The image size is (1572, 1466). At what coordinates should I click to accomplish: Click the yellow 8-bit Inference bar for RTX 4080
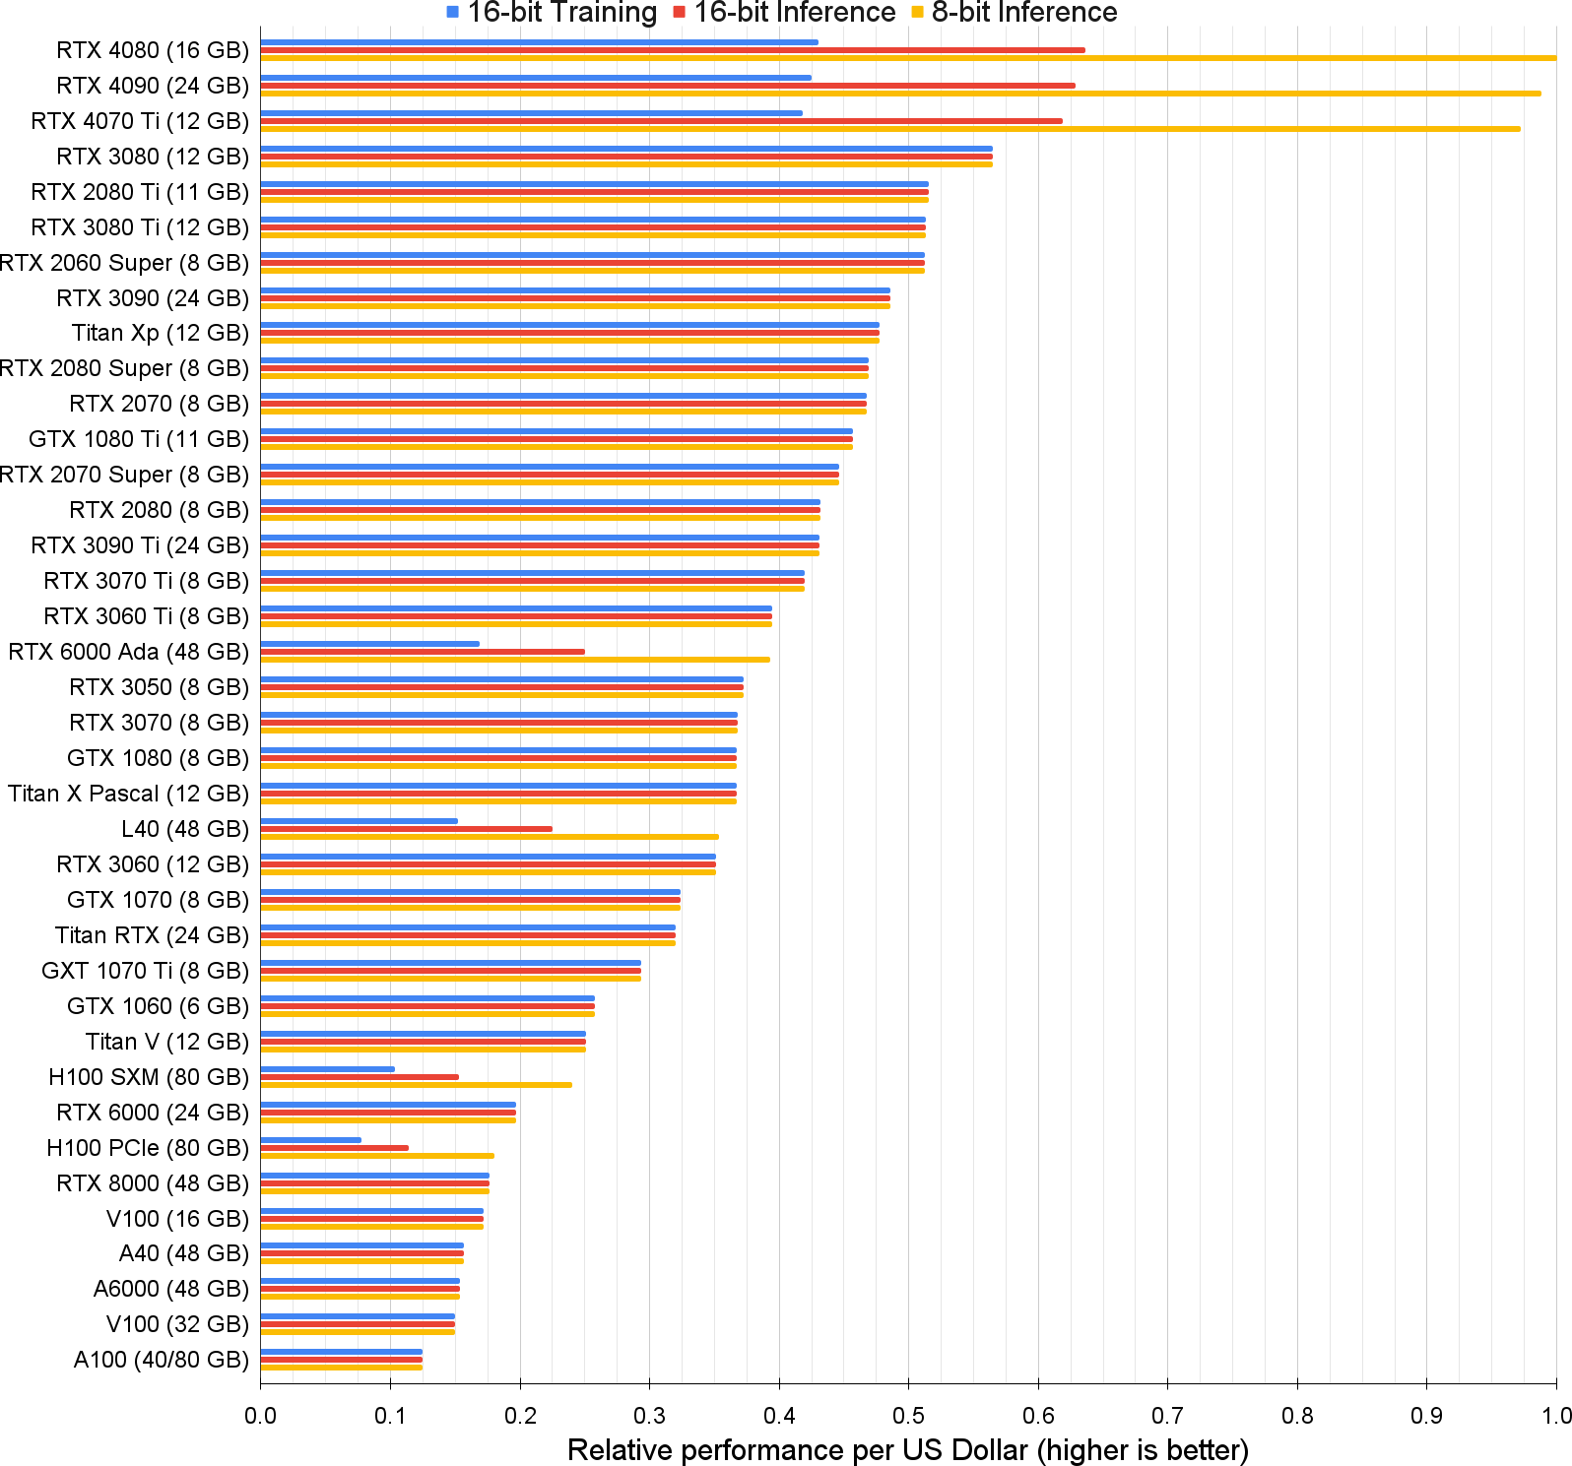click(x=908, y=58)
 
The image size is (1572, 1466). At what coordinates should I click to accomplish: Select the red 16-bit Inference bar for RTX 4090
click(x=668, y=86)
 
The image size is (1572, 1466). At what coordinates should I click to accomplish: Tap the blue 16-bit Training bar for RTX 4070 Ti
click(x=532, y=113)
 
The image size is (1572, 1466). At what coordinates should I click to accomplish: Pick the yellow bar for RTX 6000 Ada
click(x=515, y=660)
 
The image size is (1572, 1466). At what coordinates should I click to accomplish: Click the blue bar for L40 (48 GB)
click(x=360, y=821)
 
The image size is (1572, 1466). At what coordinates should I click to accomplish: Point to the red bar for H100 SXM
click(x=360, y=1077)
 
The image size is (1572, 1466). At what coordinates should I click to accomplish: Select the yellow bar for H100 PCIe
click(x=377, y=1156)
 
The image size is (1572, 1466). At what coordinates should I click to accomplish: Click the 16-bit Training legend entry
click(x=552, y=13)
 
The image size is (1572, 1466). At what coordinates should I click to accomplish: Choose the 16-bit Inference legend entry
click(x=784, y=13)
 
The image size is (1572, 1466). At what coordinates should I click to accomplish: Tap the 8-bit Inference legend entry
click(x=1015, y=13)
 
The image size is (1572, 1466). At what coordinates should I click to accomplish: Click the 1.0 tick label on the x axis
click(x=1556, y=1416)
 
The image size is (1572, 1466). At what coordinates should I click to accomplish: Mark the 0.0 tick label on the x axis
click(x=260, y=1416)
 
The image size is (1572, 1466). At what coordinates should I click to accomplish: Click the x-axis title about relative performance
click(x=908, y=1450)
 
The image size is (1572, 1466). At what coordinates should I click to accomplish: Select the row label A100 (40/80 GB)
click(x=162, y=1360)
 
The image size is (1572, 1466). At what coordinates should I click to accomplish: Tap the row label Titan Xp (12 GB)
click(x=161, y=333)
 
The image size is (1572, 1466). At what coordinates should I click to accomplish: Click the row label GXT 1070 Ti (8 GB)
click(x=146, y=971)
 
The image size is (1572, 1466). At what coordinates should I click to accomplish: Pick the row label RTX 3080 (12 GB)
click(x=153, y=157)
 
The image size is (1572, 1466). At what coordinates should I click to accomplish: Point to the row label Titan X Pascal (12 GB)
click(x=129, y=794)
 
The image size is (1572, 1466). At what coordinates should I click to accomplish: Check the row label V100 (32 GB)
click(x=177, y=1324)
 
